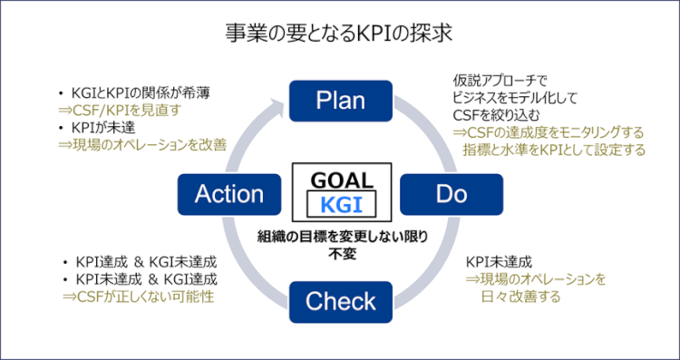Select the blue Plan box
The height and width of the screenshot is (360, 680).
(340, 101)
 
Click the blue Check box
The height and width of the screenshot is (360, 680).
(340, 301)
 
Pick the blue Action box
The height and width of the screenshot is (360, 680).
(228, 193)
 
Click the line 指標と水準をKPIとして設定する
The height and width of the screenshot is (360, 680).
(554, 150)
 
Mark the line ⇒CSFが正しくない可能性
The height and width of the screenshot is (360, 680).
(136, 297)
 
